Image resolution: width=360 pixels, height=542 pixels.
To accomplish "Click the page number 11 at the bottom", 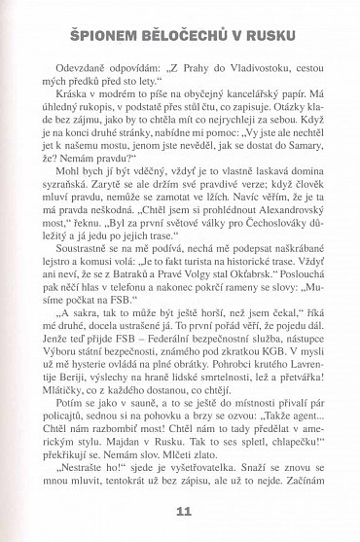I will (x=180, y=513).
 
